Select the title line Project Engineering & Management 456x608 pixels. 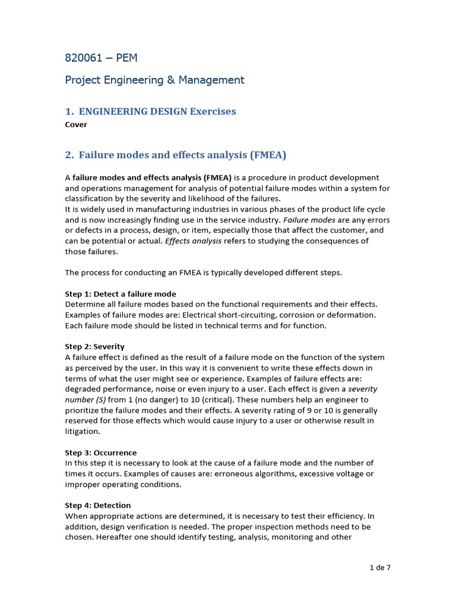154,80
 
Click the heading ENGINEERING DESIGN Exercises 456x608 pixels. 157,112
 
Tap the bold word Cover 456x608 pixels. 76,125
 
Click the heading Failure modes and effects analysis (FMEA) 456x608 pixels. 182,156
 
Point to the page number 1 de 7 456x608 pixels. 379,568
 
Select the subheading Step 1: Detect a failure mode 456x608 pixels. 121,294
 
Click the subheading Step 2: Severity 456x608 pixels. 94,346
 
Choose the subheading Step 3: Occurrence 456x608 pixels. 100,452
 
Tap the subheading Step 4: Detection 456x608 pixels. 97,505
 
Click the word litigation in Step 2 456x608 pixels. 83,432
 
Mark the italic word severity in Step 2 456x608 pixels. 362,389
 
